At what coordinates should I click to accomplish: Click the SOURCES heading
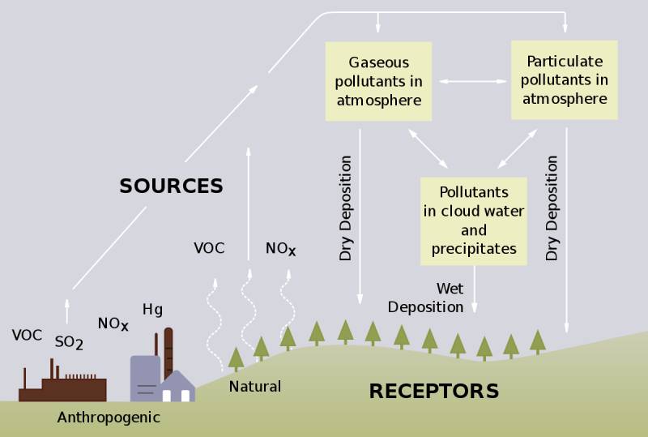pos(171,186)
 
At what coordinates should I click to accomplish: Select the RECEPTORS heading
pos(433,391)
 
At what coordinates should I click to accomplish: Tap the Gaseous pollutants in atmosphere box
pos(379,81)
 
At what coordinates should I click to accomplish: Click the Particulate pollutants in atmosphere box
pos(564,79)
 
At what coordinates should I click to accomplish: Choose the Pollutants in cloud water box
pos(474,221)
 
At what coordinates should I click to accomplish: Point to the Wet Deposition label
pos(427,298)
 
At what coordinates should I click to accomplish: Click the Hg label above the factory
pos(152,309)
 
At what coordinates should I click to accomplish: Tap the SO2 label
pos(69,342)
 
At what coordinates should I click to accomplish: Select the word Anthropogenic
pos(109,418)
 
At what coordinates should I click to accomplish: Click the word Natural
pos(254,386)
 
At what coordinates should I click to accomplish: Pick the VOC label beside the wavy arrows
pos(209,248)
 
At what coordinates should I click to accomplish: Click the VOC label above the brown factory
pos(27,335)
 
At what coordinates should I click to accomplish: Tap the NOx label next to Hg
pos(113,324)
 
